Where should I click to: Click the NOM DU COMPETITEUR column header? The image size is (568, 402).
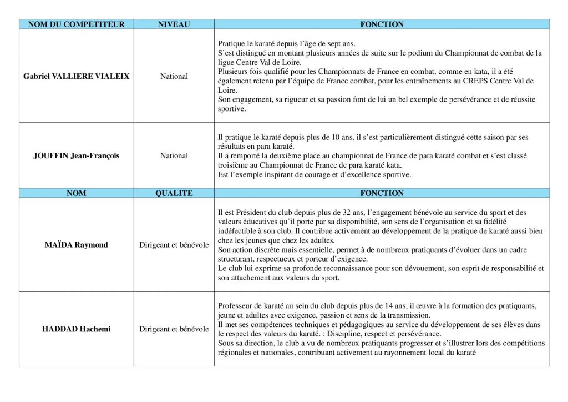[76, 24]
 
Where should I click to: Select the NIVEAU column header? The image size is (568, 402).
[174, 24]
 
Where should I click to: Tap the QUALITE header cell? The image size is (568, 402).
[174, 193]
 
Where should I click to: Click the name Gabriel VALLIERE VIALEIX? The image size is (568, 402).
[76, 76]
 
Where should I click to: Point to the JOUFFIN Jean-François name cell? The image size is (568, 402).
[76, 156]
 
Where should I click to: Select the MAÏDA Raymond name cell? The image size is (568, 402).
[76, 244]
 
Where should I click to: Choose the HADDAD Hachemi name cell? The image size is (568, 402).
[76, 329]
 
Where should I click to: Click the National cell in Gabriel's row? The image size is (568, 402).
[174, 76]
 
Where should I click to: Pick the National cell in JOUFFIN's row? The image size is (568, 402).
[174, 156]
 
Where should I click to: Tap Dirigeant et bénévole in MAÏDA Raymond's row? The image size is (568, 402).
[174, 244]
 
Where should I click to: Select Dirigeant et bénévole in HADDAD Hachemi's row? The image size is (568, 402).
[174, 329]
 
